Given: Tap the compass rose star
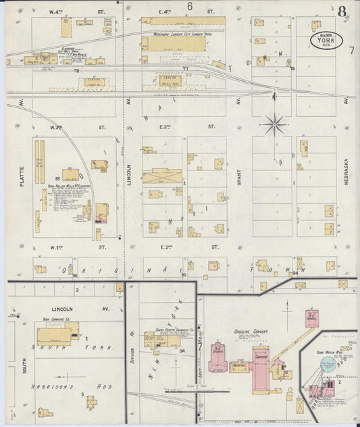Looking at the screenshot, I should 274,124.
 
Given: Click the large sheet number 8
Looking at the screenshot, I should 343,11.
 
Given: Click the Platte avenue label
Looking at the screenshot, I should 21,176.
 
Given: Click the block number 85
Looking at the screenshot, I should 58,178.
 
